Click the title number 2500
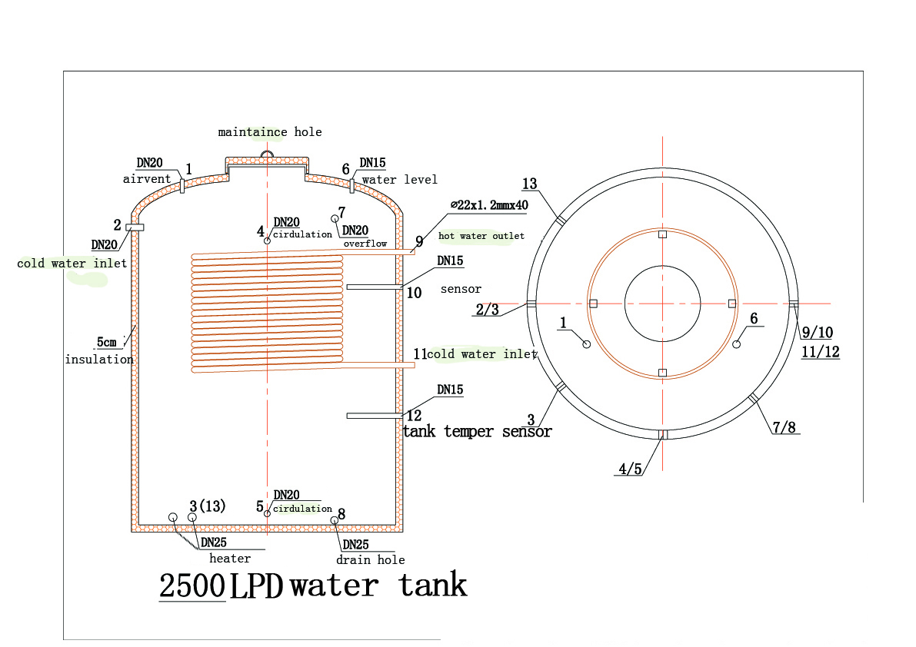(192, 586)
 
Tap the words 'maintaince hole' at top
(270, 132)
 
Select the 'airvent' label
(147, 178)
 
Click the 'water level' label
(400, 180)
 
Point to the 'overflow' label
(365, 244)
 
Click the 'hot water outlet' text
(481, 236)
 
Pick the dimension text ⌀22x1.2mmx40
(490, 204)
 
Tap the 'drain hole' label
(371, 559)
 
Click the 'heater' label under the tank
(230, 559)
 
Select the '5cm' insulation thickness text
(106, 342)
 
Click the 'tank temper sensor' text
(478, 431)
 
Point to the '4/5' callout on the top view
(631, 469)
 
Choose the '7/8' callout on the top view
(784, 428)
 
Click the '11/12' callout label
(820, 352)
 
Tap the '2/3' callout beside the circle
(487, 309)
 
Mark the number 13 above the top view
(529, 184)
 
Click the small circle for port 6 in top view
(737, 344)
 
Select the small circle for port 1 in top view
(587, 344)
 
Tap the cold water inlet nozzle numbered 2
(135, 227)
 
